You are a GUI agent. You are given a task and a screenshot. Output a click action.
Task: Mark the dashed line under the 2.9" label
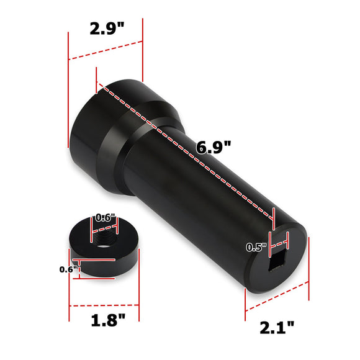point(106,50)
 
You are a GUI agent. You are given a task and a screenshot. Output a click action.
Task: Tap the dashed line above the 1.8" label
point(107,305)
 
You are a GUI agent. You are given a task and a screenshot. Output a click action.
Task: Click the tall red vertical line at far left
point(67,93)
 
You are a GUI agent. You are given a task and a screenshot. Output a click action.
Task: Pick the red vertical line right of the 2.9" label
point(143,50)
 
